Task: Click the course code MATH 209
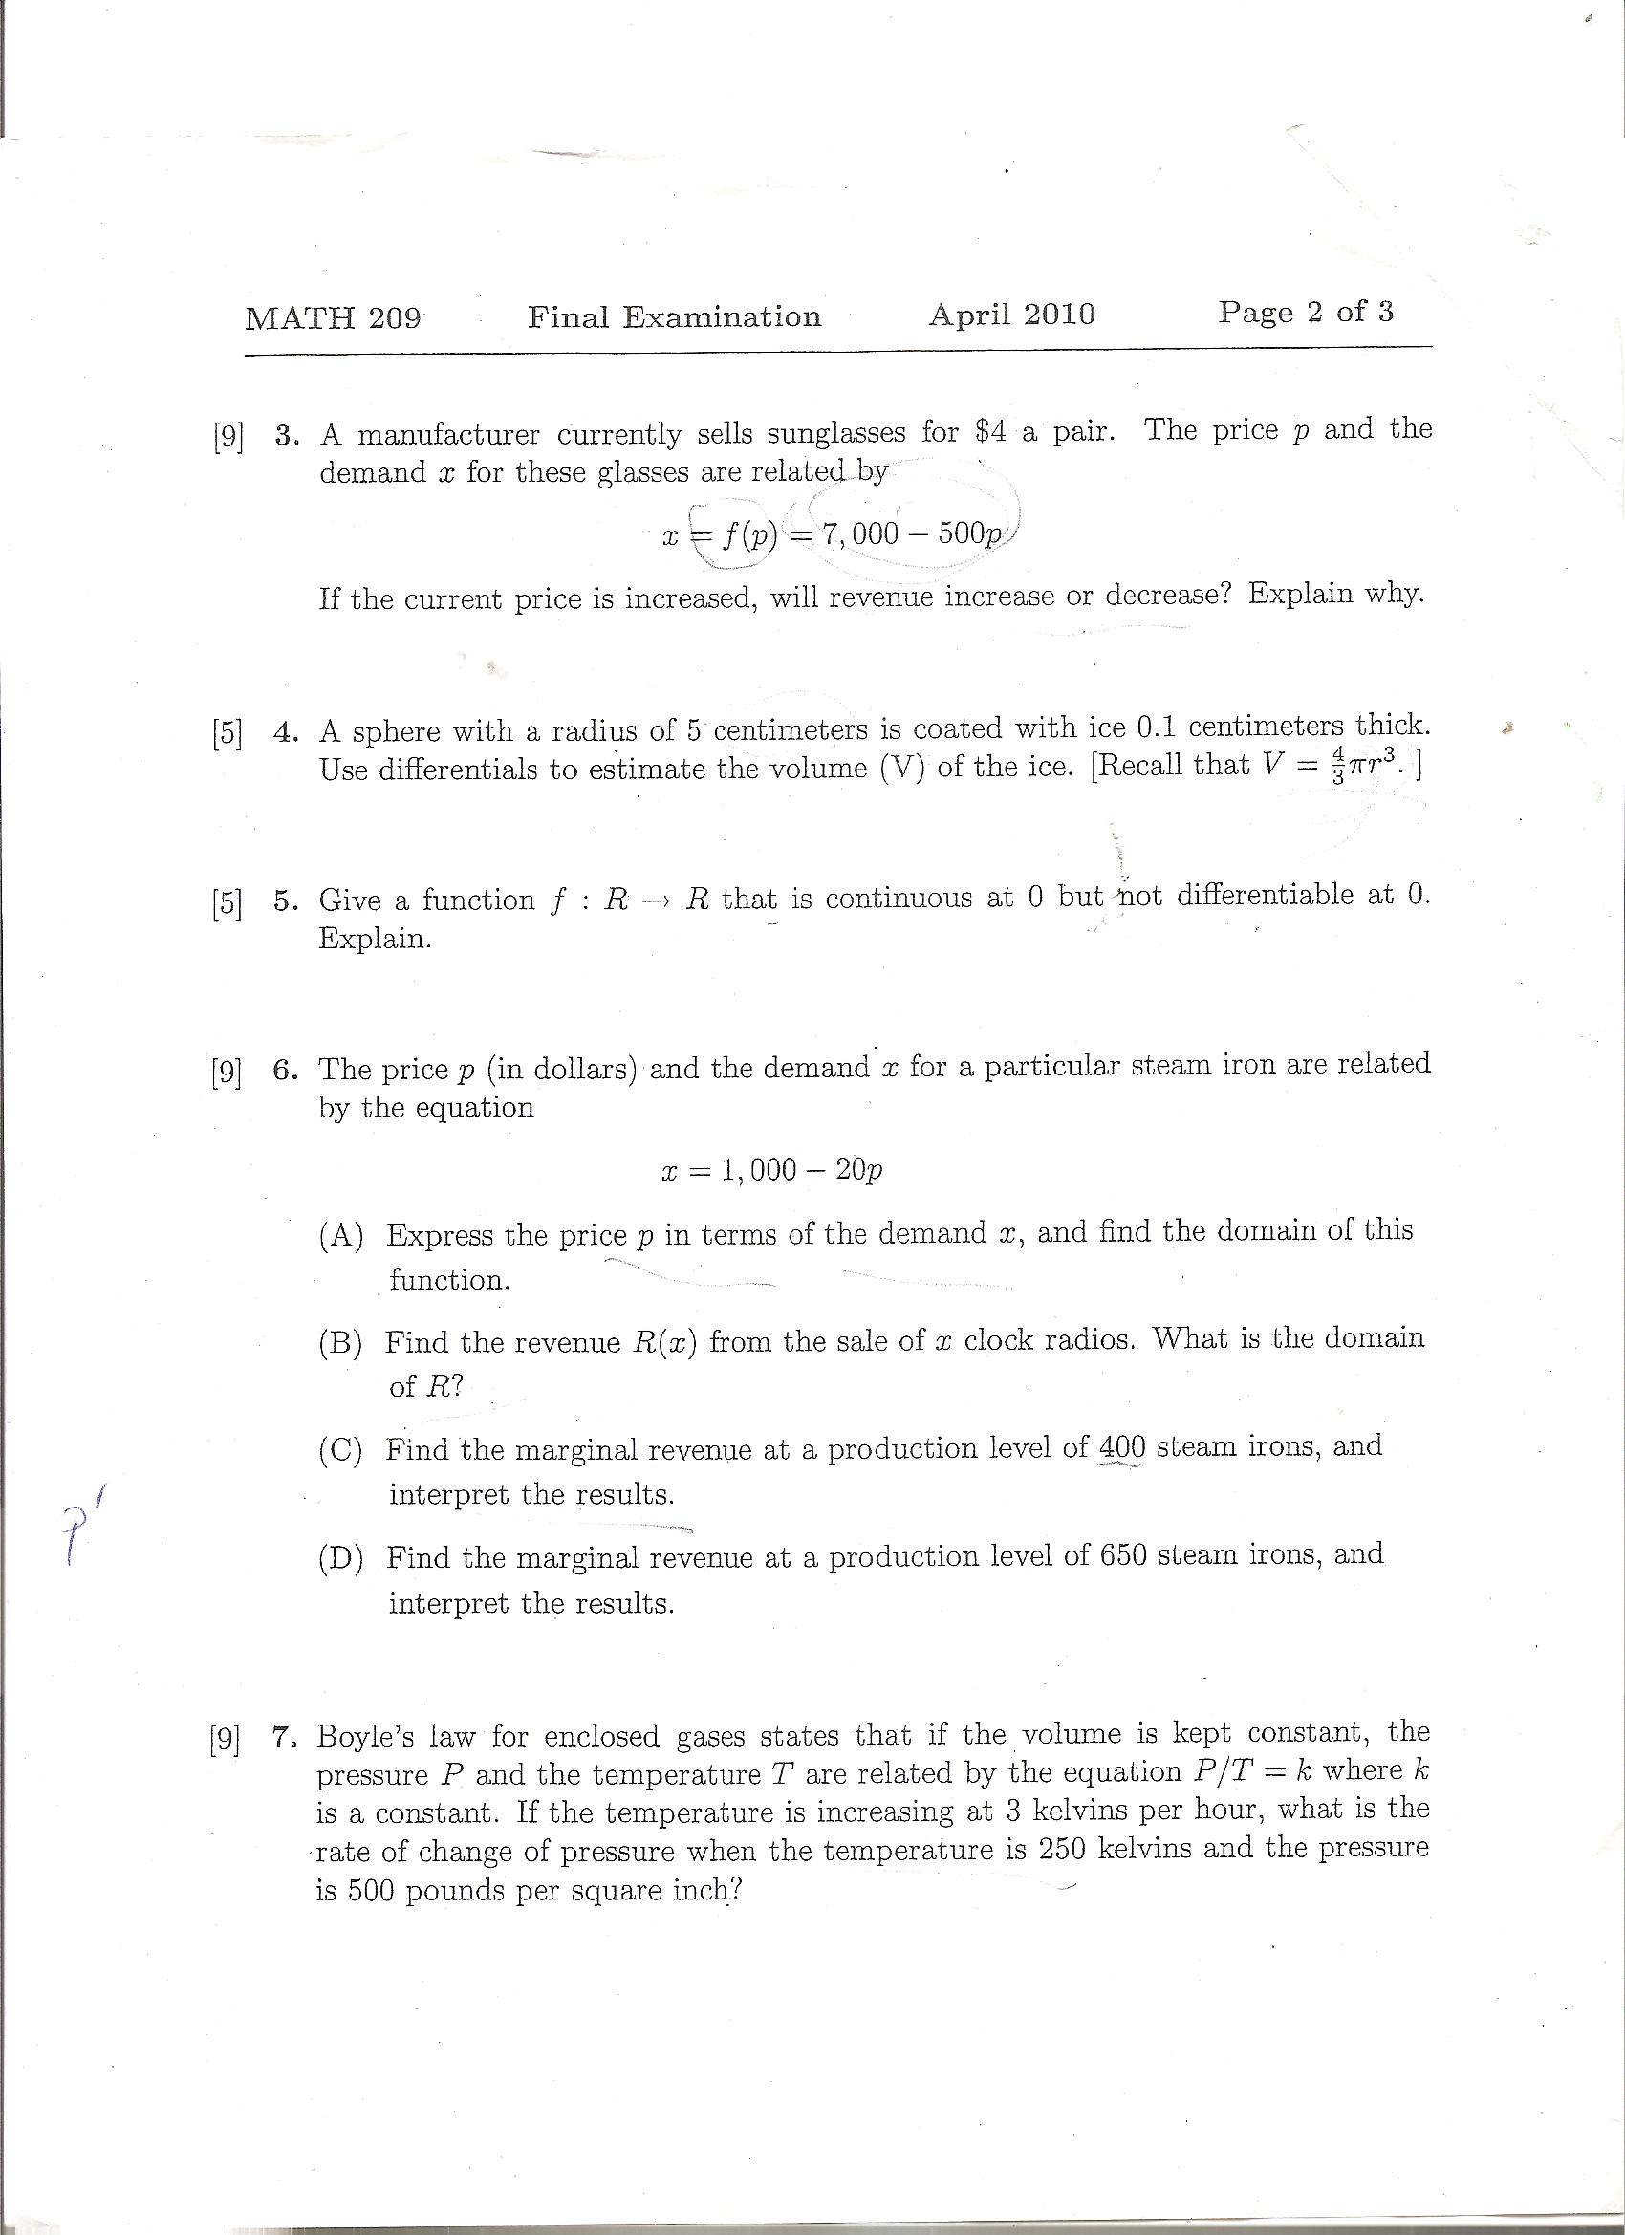(333, 318)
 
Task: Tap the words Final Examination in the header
(674, 316)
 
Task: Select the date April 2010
(1011, 315)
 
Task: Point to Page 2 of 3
(1306, 312)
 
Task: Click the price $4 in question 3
(989, 432)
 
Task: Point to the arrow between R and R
(658, 901)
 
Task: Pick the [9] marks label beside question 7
(225, 1739)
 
